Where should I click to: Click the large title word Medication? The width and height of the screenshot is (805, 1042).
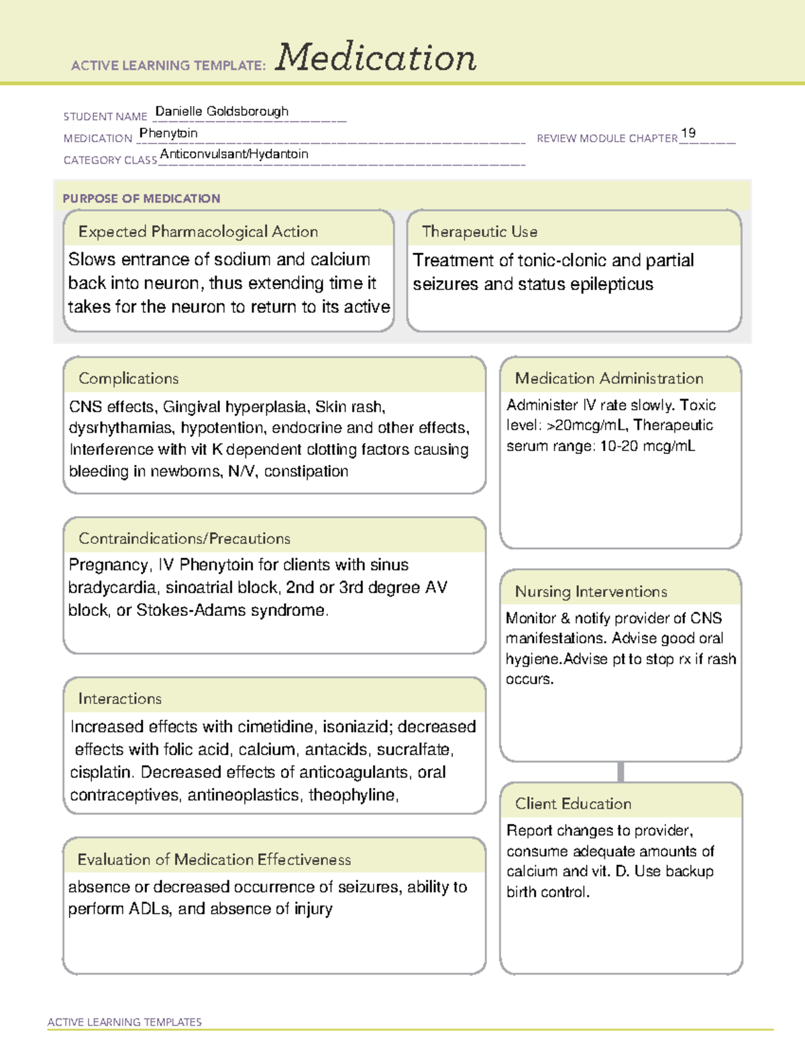pyautogui.click(x=376, y=58)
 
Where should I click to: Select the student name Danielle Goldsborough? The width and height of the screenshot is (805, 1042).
pyautogui.click(x=221, y=111)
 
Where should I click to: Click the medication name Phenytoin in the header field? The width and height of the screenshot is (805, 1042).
pyautogui.click(x=168, y=133)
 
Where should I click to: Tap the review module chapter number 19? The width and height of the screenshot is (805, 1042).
pyautogui.click(x=688, y=133)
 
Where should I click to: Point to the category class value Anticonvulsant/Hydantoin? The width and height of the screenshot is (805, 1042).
pyautogui.click(x=234, y=154)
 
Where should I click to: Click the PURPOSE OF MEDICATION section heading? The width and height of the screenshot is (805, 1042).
pyautogui.click(x=141, y=199)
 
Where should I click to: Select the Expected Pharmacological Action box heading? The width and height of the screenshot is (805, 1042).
pyautogui.click(x=198, y=231)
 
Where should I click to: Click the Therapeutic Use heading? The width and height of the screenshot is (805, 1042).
pyautogui.click(x=479, y=231)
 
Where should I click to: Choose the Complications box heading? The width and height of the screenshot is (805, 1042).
pyautogui.click(x=128, y=378)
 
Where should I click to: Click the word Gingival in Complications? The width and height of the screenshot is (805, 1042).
pyautogui.click(x=191, y=407)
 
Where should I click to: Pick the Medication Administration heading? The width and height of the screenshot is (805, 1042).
pyautogui.click(x=608, y=378)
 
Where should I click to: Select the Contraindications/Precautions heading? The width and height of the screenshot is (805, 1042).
pyautogui.click(x=184, y=538)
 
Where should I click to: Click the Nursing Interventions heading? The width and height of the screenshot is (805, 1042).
pyautogui.click(x=590, y=591)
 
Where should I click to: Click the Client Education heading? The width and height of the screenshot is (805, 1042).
pyautogui.click(x=573, y=803)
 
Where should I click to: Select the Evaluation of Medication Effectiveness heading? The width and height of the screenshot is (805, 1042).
pyautogui.click(x=214, y=859)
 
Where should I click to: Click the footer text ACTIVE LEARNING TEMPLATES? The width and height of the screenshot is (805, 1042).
pyautogui.click(x=124, y=1022)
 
